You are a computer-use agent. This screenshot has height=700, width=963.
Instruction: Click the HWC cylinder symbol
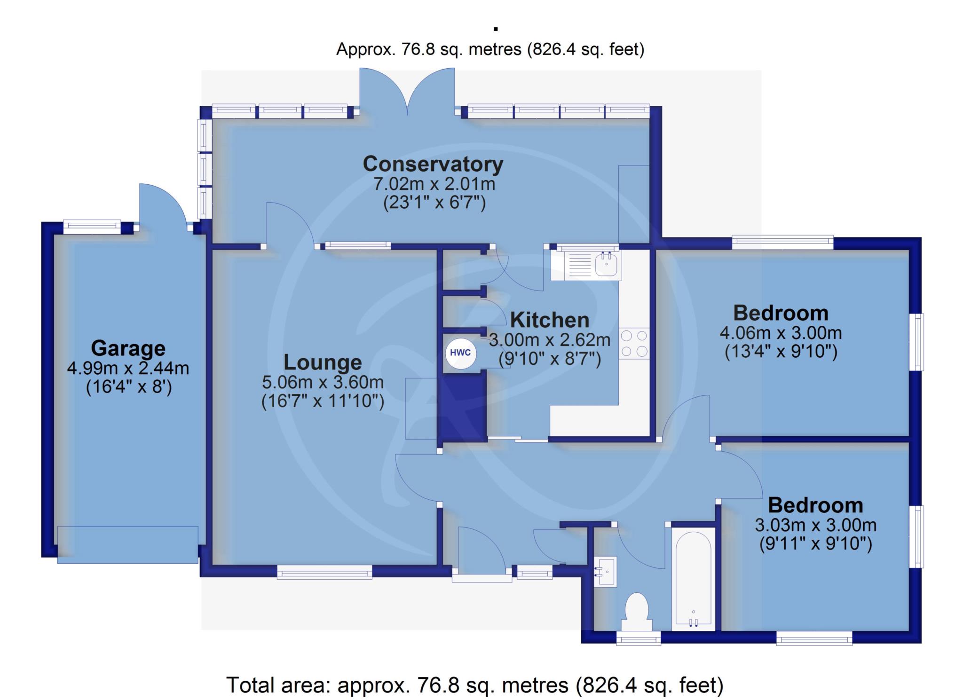point(460,353)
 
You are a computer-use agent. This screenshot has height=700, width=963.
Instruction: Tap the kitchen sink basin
point(606,264)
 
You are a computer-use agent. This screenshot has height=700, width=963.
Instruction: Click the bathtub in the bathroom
point(693,579)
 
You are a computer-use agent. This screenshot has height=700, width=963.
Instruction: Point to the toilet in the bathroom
point(637,611)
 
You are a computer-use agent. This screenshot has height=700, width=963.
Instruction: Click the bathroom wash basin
point(605,572)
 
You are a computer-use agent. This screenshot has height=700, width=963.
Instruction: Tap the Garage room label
point(128,348)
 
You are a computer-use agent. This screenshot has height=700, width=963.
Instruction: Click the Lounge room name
point(323,362)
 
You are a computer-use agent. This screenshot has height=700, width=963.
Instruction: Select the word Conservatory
point(433,164)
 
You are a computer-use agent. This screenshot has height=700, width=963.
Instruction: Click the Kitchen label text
point(550,320)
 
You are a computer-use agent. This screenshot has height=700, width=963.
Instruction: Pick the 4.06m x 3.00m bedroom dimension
point(781,333)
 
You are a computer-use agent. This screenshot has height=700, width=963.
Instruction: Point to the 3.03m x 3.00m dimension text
point(815,525)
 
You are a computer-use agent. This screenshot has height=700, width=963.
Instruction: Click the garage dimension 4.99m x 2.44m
point(128,368)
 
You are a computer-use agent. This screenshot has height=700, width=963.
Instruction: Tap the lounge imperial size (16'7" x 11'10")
point(323,401)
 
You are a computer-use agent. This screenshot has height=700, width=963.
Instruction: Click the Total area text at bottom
point(475,685)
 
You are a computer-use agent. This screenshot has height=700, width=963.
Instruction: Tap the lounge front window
point(324,572)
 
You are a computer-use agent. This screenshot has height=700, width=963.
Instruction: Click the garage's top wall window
point(92,227)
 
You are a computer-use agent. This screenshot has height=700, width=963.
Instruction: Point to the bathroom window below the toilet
point(639,638)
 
